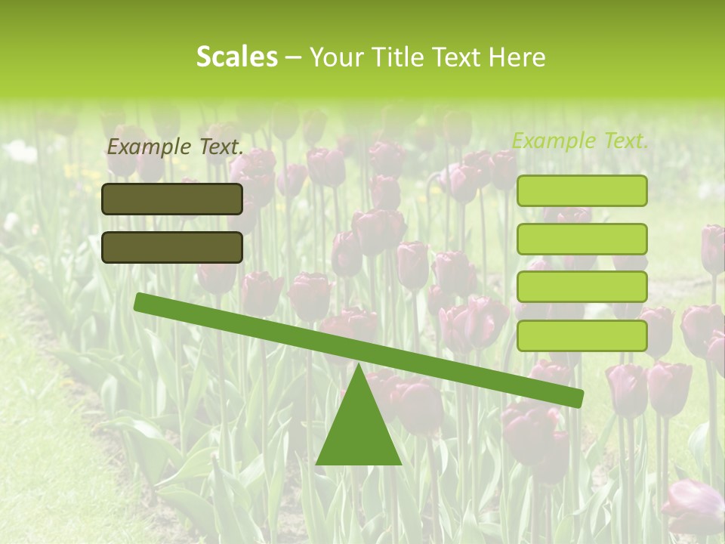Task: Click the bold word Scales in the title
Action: coord(236,57)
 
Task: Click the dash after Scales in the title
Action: coord(293,58)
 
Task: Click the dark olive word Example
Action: coord(146,147)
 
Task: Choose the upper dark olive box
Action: coord(172,199)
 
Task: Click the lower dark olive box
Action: coord(172,247)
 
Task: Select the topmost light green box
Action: coord(582,190)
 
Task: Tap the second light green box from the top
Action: coord(582,239)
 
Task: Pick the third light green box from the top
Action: coord(582,286)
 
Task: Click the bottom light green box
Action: coord(582,335)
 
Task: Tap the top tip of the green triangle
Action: coord(359,366)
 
